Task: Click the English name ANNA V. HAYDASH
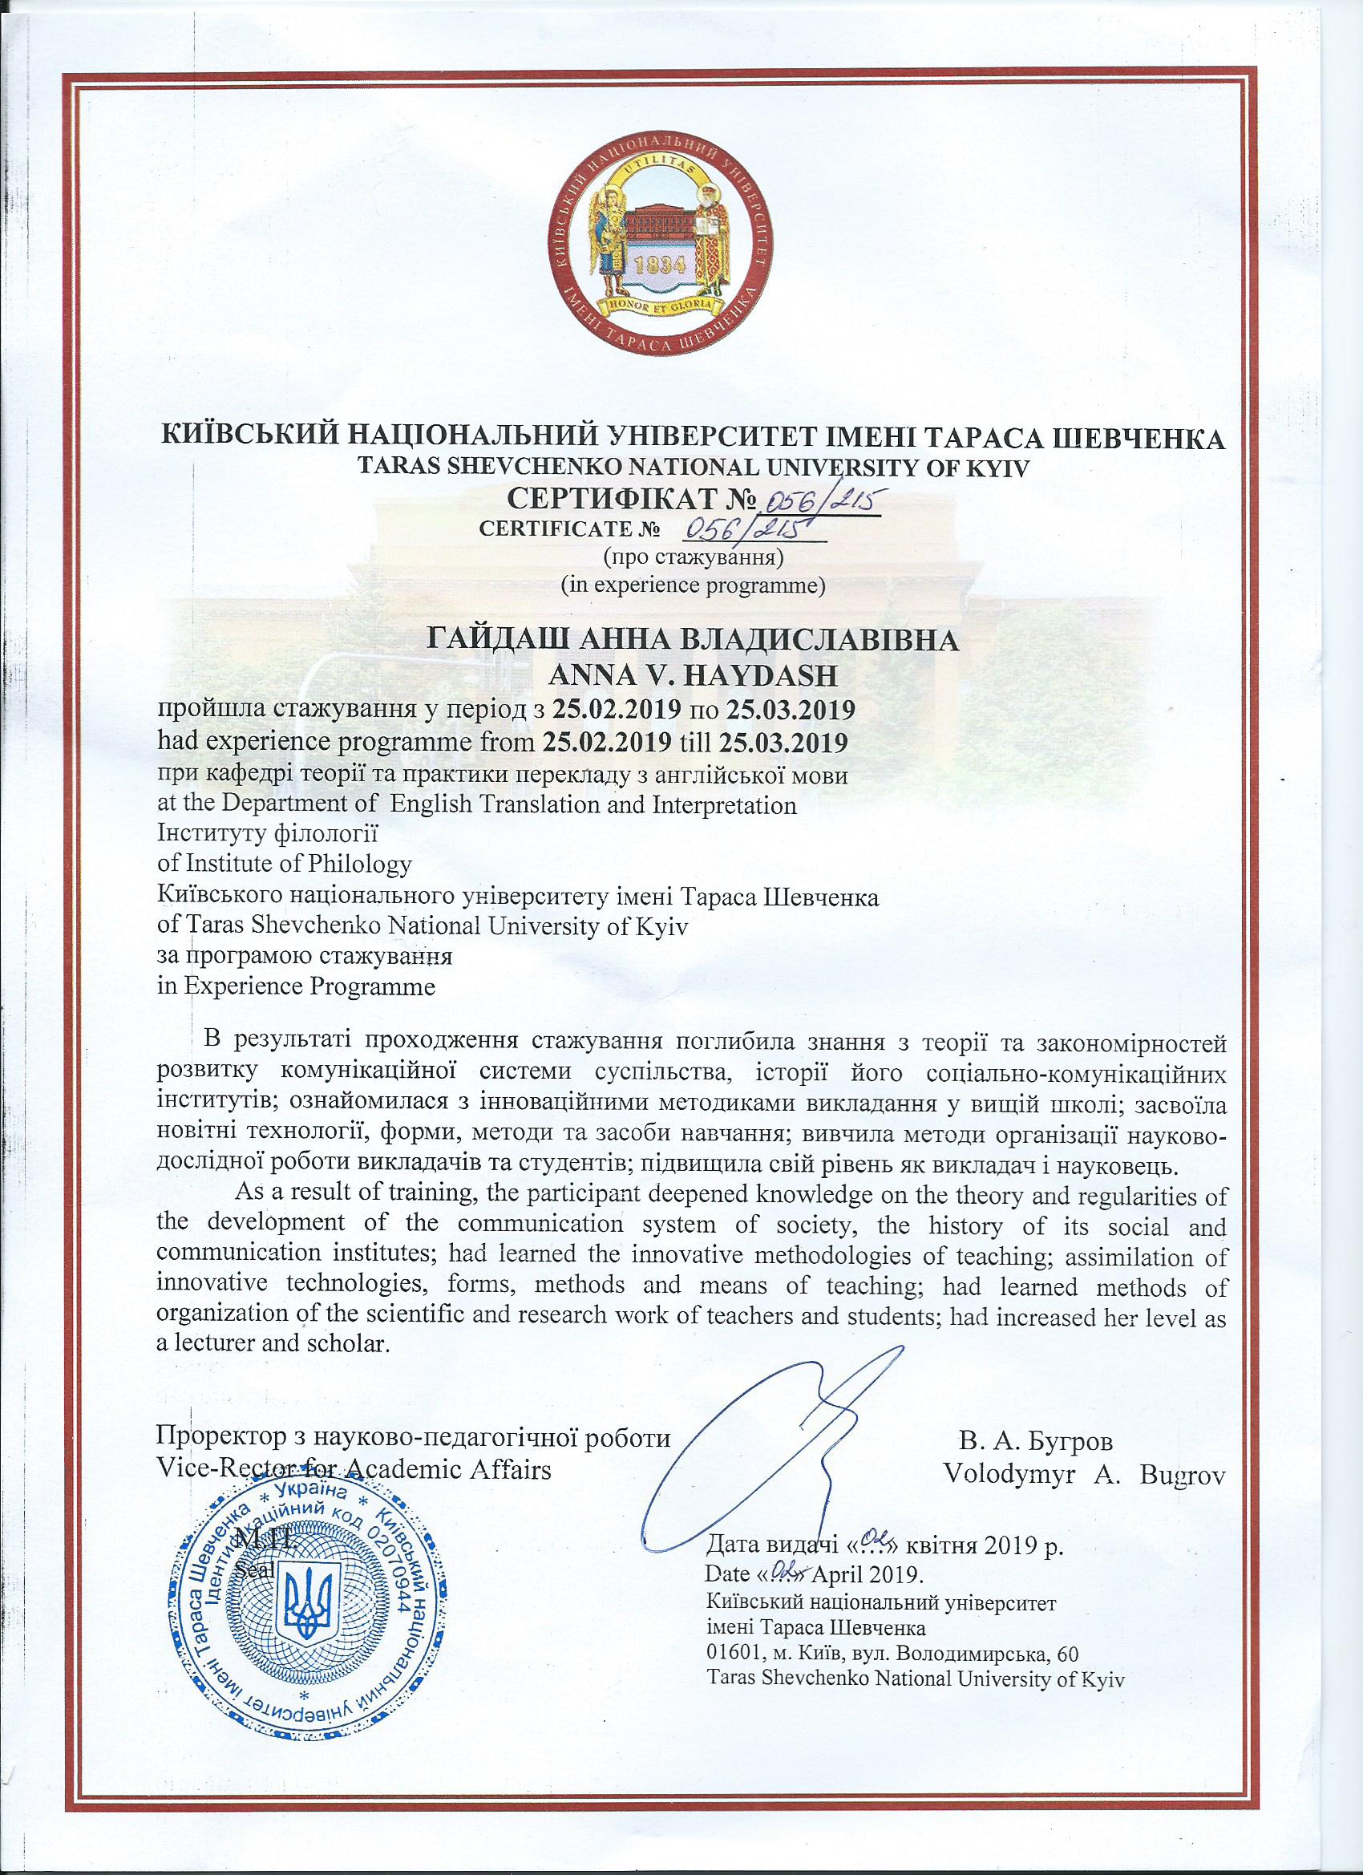(x=694, y=676)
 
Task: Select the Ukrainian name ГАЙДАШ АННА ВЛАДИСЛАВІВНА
(x=693, y=642)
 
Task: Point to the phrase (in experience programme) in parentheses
(x=694, y=586)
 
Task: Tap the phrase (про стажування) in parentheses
(x=694, y=557)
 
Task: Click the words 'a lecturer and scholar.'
(x=273, y=1364)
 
